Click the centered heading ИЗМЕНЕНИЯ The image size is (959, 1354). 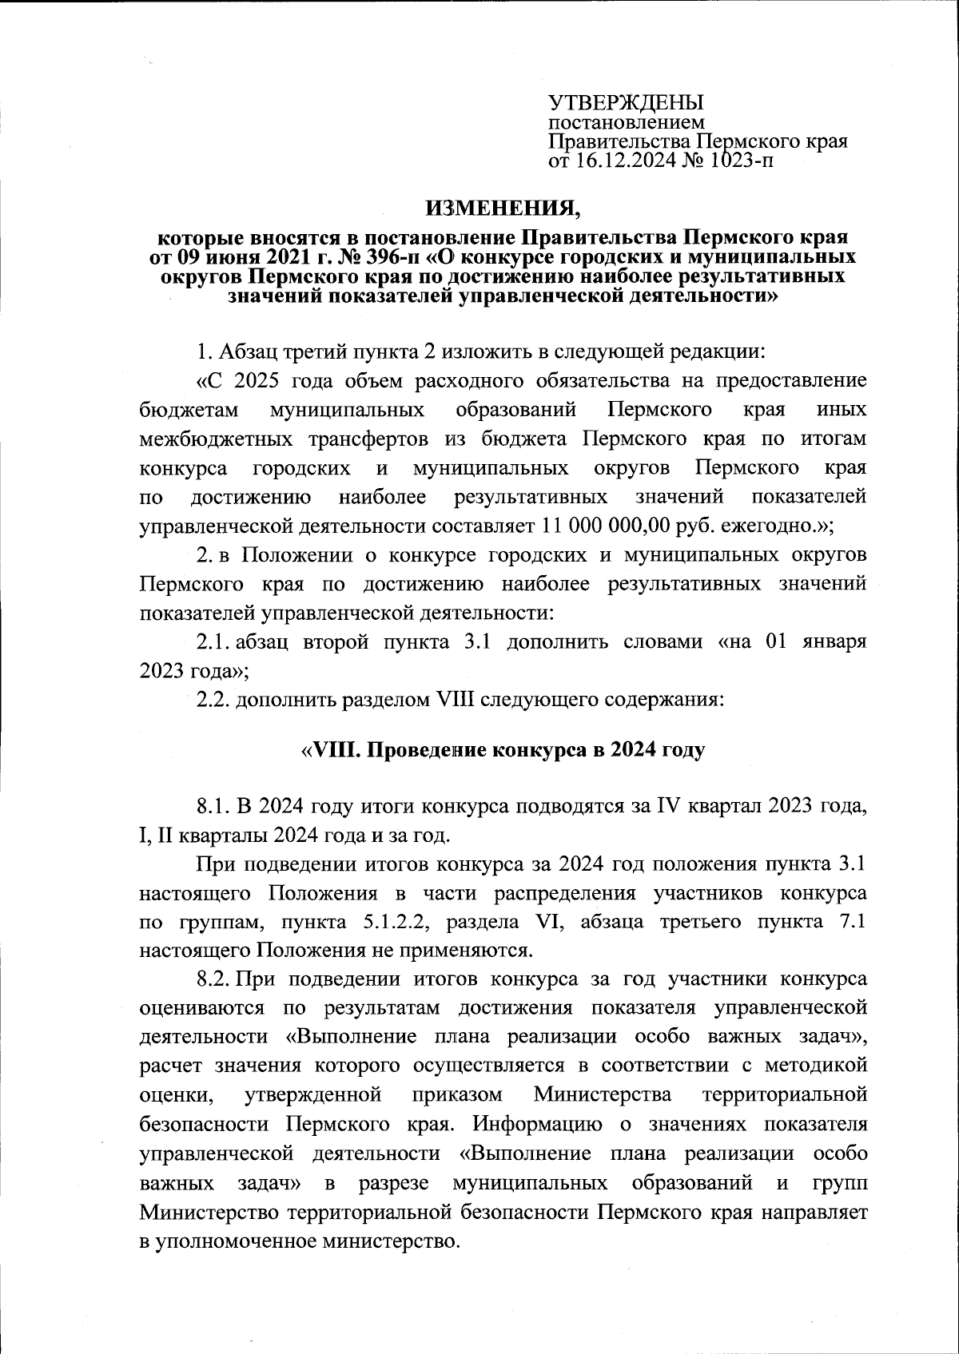503,209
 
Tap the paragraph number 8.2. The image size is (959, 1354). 213,979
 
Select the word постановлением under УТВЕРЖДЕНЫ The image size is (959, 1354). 626,122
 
